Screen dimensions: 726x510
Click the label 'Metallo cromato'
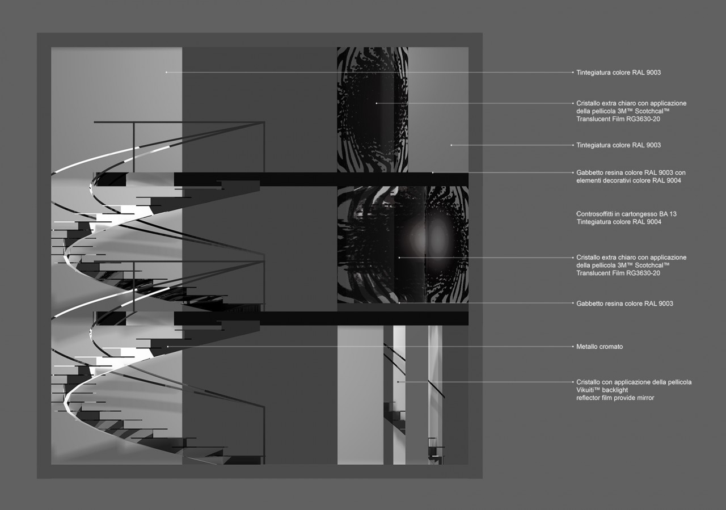click(600, 347)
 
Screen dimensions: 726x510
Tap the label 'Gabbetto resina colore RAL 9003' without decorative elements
click(624, 304)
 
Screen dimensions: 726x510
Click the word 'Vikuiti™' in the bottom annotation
click(588, 390)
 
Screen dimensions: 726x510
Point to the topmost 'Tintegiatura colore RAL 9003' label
click(618, 72)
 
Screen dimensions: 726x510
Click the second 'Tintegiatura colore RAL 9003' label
click(618, 145)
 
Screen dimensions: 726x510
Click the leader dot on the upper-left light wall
click(167, 72)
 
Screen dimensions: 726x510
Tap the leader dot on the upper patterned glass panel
click(376, 103)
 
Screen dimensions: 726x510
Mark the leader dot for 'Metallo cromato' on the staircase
click(167, 347)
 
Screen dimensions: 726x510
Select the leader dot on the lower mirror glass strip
click(398, 382)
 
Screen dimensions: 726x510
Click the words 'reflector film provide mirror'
click(615, 398)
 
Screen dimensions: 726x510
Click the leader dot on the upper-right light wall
click(451, 145)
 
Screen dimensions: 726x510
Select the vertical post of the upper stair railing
click(134, 147)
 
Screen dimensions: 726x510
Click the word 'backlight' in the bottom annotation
click(615, 390)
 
